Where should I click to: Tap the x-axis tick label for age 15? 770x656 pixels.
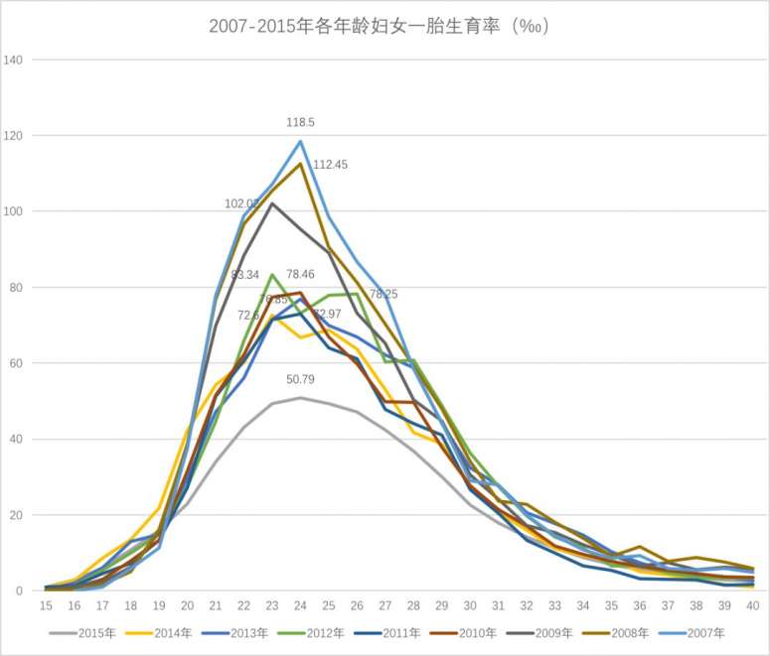46,604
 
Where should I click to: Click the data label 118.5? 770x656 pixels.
301,122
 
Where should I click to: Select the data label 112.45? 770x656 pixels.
330,165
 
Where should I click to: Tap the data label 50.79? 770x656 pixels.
301,378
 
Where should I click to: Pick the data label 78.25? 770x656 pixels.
384,295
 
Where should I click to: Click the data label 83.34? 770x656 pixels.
244,274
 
